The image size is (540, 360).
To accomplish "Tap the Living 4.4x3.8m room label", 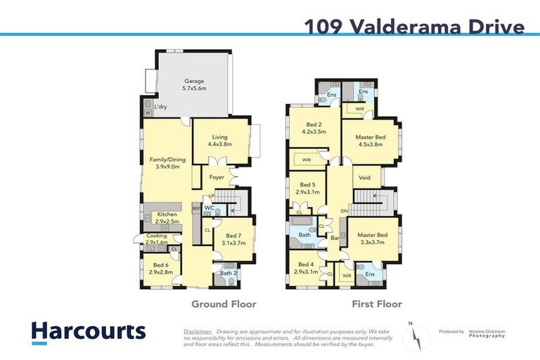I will (x=219, y=140).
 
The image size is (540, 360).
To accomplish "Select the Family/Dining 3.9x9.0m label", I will (x=165, y=163).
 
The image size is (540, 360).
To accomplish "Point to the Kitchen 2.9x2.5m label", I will (x=167, y=218).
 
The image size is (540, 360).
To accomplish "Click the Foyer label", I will (x=217, y=177).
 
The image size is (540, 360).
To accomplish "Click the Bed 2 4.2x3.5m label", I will (x=314, y=127).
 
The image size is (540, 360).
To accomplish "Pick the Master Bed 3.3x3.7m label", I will (x=372, y=238).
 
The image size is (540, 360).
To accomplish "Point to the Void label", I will (x=364, y=178).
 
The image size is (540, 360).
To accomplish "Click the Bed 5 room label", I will (x=307, y=188).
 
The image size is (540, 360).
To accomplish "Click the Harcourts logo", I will (x=87, y=331).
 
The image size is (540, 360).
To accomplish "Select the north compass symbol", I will (x=417, y=337).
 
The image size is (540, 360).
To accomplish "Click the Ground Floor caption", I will (x=224, y=304).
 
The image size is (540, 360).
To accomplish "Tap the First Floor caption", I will (x=376, y=304).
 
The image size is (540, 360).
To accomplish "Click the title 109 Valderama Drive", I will (x=414, y=27).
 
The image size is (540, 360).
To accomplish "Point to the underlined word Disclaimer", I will (x=198, y=330).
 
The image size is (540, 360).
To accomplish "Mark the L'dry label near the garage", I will (x=160, y=106).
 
